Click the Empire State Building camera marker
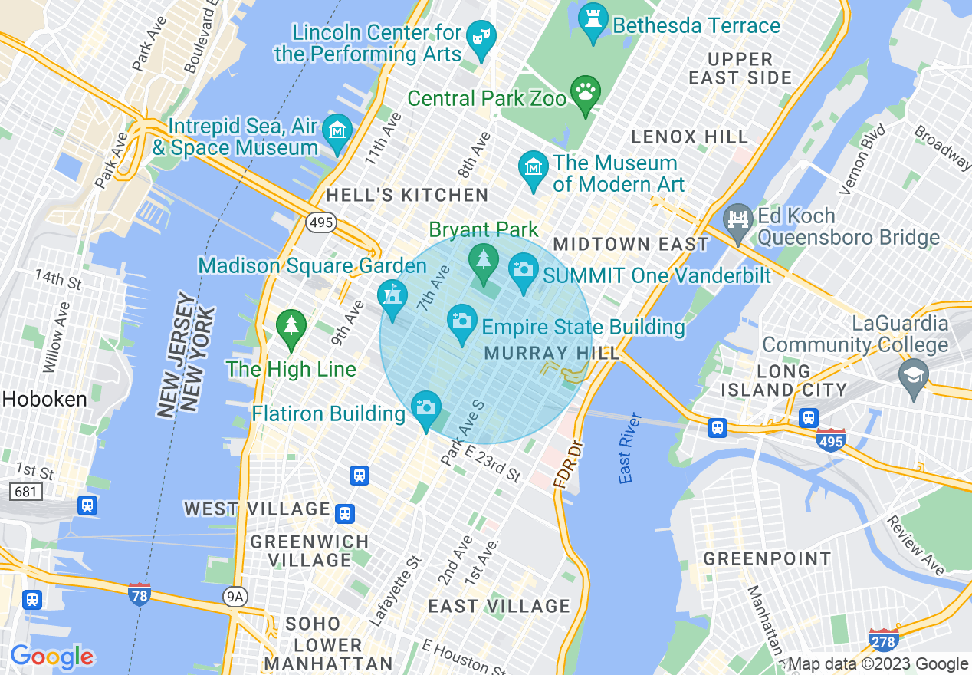pyautogui.click(x=461, y=321)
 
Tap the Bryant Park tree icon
pyautogui.click(x=483, y=261)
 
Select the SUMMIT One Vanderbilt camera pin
pyautogui.click(x=524, y=270)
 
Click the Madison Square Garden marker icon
pyautogui.click(x=392, y=296)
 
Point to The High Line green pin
pyautogui.click(x=291, y=327)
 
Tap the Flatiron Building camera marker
pyautogui.click(x=426, y=407)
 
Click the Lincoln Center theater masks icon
pyautogui.click(x=481, y=38)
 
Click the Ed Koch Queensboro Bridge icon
pyautogui.click(x=739, y=219)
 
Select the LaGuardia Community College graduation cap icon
pyautogui.click(x=914, y=374)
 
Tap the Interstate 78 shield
pyautogui.click(x=139, y=594)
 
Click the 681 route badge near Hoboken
pyautogui.click(x=25, y=491)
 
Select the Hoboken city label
pyautogui.click(x=44, y=399)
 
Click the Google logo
pyautogui.click(x=52, y=657)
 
